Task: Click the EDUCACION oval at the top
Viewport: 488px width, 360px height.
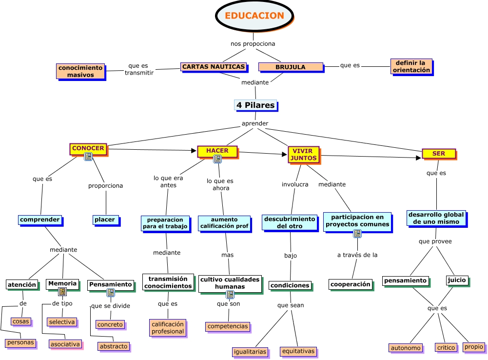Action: (x=254, y=16)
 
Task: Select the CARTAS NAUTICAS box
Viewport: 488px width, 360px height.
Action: (x=214, y=67)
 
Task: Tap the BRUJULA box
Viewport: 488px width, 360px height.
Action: (x=291, y=67)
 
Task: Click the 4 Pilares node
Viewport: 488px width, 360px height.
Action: (x=255, y=105)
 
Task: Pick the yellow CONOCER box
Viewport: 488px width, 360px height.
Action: (x=88, y=148)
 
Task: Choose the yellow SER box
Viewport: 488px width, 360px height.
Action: (x=439, y=154)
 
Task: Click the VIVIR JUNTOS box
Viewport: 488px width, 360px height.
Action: (x=303, y=155)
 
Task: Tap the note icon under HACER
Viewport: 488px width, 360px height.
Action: (x=217, y=159)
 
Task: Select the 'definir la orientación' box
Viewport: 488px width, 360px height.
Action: (x=411, y=66)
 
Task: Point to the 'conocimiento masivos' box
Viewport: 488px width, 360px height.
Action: (x=80, y=71)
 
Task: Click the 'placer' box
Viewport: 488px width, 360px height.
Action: (x=105, y=220)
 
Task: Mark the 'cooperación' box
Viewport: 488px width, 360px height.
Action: (x=350, y=284)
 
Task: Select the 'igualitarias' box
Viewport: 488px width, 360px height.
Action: (x=250, y=351)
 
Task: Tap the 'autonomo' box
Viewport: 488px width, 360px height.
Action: (x=406, y=348)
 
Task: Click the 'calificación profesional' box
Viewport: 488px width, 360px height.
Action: (x=167, y=327)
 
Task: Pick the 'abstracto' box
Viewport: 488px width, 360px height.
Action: (x=113, y=346)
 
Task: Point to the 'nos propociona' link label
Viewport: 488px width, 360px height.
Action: (x=253, y=44)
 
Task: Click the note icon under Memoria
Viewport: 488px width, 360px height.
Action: (x=62, y=292)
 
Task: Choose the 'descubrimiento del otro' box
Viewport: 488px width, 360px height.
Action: (x=290, y=222)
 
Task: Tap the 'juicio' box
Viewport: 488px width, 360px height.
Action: (x=457, y=280)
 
